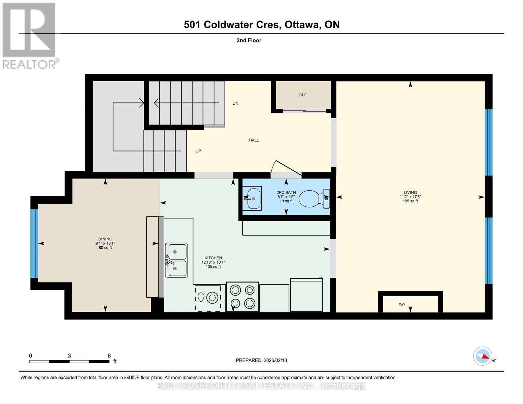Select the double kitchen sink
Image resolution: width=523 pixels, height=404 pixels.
176,260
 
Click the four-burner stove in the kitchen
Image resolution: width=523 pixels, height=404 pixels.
242,297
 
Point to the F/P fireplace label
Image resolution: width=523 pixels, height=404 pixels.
401,305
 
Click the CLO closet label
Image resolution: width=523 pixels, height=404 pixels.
303,95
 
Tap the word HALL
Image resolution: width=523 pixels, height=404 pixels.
254,140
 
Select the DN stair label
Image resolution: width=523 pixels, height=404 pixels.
235,103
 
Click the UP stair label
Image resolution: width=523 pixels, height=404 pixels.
198,151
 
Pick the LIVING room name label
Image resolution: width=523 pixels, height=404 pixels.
410,193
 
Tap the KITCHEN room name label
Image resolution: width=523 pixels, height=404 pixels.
213,258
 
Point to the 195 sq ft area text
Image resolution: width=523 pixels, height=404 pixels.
410,201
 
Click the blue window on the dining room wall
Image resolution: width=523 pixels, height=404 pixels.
34,243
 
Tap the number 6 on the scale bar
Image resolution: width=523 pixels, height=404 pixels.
109,356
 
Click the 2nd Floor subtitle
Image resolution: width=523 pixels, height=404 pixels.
249,40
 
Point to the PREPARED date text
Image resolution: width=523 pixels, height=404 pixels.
261,360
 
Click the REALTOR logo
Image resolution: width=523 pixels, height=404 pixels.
30,35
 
